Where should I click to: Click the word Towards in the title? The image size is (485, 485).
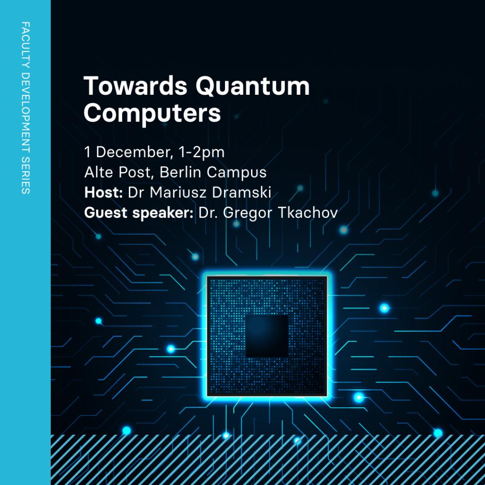coord(135,86)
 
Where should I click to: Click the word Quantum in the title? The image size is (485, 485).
coord(252,87)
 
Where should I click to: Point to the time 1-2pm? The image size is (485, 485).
coord(201,153)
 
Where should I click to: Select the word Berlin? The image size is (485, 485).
coord(180,172)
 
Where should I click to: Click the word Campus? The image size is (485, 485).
coord(237,173)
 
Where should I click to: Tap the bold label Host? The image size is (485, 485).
coord(104,192)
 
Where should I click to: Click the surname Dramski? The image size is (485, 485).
coord(242,192)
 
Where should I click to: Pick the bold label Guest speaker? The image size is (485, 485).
coord(139,213)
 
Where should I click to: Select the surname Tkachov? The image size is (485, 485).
coord(308,213)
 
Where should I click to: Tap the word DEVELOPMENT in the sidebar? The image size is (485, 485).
coord(26,113)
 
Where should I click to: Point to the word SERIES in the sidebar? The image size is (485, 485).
coord(26,175)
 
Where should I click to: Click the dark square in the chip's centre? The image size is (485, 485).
coord(267,336)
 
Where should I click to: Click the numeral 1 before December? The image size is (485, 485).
coord(88,152)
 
